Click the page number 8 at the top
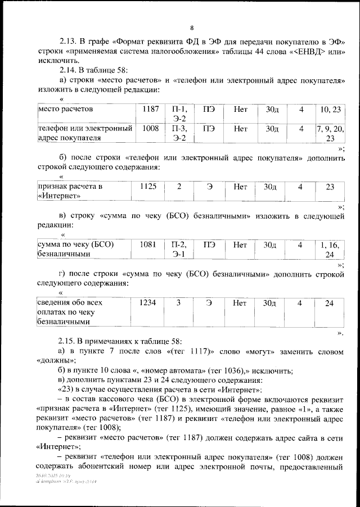[x=192, y=28]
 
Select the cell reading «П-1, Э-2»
[x=179, y=113]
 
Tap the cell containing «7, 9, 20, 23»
[x=331, y=133]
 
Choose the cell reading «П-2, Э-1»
[x=179, y=249]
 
